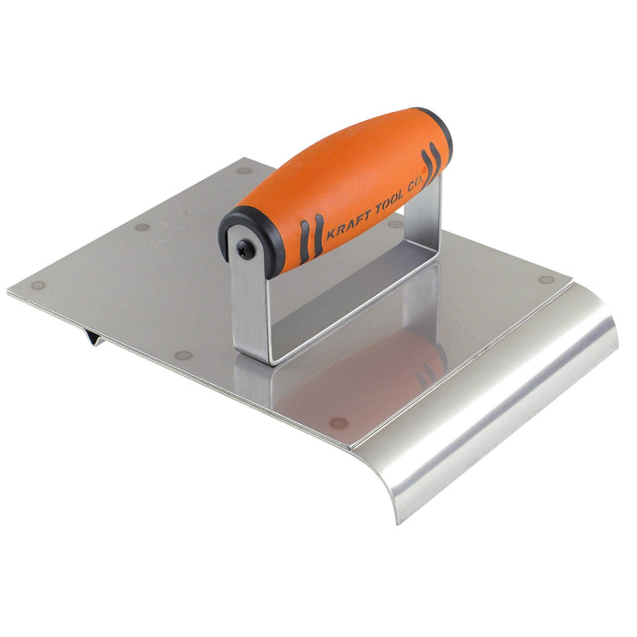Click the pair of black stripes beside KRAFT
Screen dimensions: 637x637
pos(310,238)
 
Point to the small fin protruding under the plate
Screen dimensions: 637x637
pos(93,338)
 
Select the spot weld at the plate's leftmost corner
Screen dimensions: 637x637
pos(37,285)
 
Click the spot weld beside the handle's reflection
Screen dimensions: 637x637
pos(339,422)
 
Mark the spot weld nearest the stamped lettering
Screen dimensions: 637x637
pos(142,227)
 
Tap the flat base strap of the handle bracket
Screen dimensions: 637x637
pos(346,309)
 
